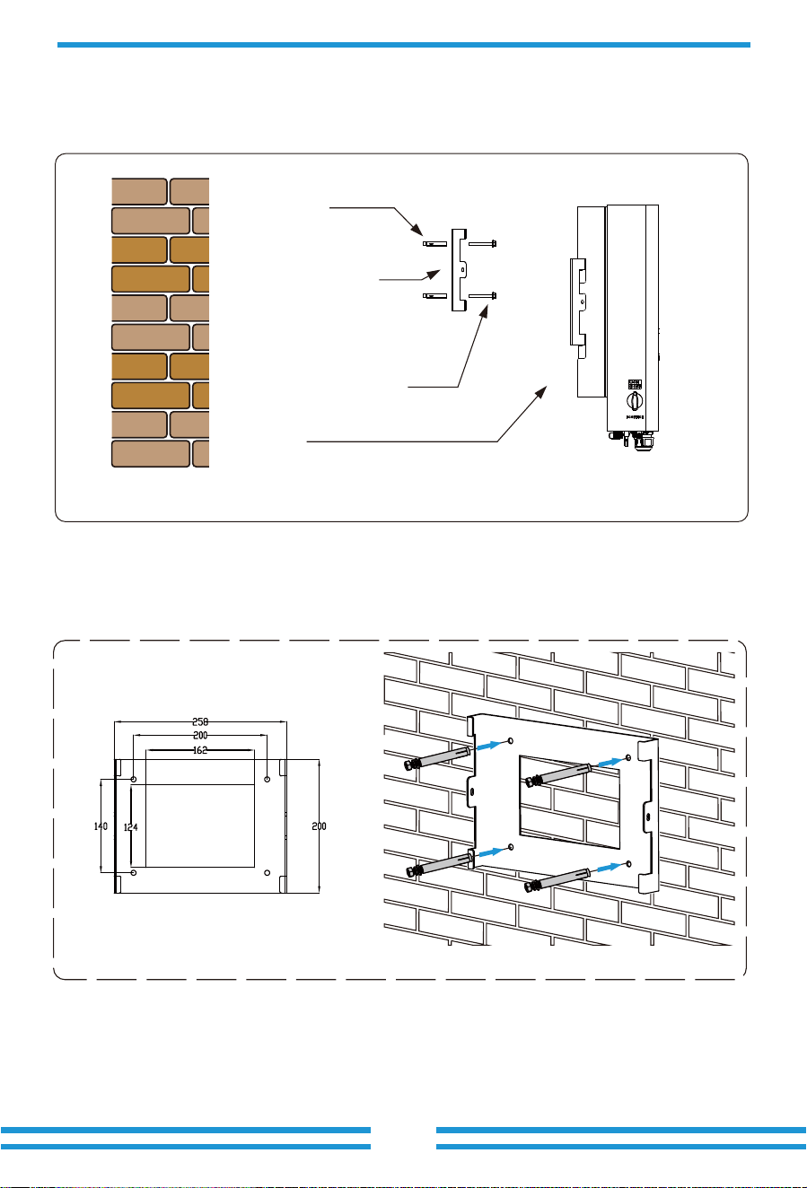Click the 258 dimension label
pos(200,721)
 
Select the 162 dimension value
pos(200,750)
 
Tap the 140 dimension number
pos(101,825)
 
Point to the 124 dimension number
pos(130,826)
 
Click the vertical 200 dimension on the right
pos(319,825)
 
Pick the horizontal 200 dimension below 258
pos(200,735)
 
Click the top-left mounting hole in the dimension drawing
pos(134,779)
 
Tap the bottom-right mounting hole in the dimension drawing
pos(267,872)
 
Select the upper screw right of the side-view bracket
pos(482,244)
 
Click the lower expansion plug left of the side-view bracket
pos(434,295)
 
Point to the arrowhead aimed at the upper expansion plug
pos(417,231)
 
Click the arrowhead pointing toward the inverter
pos(540,392)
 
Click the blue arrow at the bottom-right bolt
pos(610,868)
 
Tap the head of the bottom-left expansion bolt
pos(413,871)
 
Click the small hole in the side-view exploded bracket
pos(463,270)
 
